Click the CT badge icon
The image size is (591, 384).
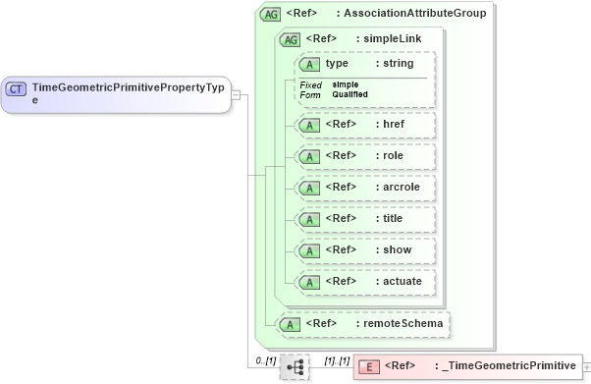pos(17,88)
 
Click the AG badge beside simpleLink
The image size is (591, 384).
pos(291,39)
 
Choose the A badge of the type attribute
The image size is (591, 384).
pos(310,64)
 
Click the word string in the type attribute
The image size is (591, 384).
pos(398,64)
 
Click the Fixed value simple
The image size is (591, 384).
pos(345,84)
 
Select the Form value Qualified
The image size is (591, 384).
pos(349,94)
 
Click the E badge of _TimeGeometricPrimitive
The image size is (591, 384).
pos(369,367)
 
